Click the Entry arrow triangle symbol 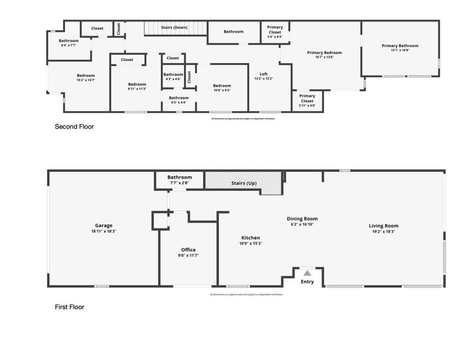(307, 273)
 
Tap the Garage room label (103, 225)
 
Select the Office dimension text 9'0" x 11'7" (188, 255)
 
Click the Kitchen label (250, 237)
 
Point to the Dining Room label (302, 218)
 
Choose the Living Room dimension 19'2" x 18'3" (383, 231)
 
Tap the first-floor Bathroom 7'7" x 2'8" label (179, 183)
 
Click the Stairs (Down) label (174, 27)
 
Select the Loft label (263, 74)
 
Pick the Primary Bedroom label (324, 52)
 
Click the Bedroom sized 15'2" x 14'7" (85, 79)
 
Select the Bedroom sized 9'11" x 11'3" (136, 88)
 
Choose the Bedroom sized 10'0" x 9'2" (222, 90)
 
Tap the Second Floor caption (74, 127)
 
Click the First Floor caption (69, 307)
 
